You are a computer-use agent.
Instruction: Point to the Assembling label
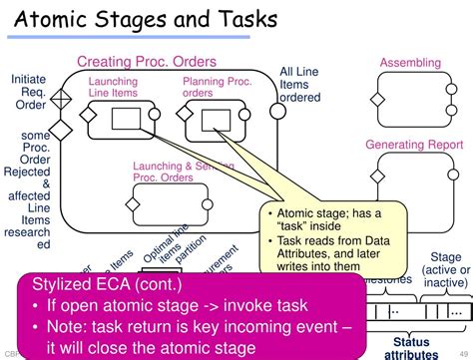tap(410, 64)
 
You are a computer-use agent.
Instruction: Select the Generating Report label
tap(410, 145)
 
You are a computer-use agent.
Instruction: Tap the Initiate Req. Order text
tap(28, 93)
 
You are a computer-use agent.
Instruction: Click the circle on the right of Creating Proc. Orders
tap(277, 123)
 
